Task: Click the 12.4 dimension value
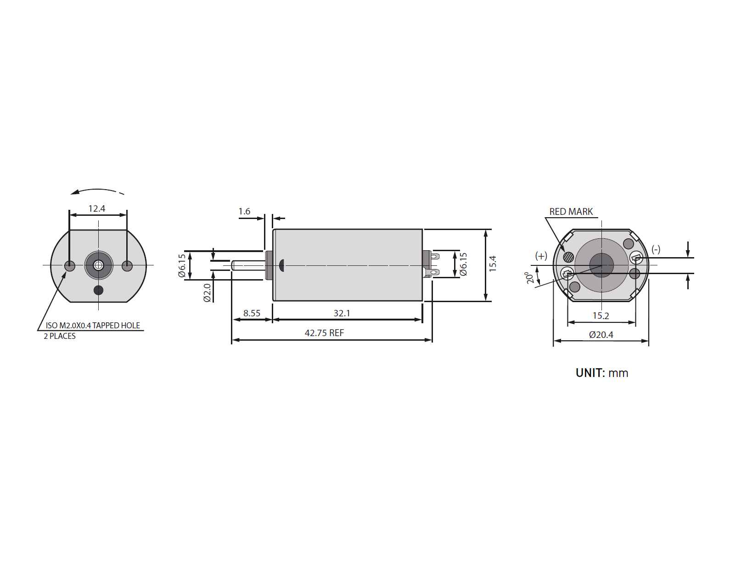click(x=97, y=208)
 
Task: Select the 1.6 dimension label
click(x=244, y=211)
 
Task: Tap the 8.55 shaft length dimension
click(x=252, y=313)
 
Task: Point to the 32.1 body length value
click(x=342, y=313)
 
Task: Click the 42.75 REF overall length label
click(x=324, y=333)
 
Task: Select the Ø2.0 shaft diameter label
click(x=207, y=293)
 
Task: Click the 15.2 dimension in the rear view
click(x=601, y=316)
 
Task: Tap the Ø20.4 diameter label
click(x=601, y=335)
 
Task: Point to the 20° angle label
click(x=529, y=277)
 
